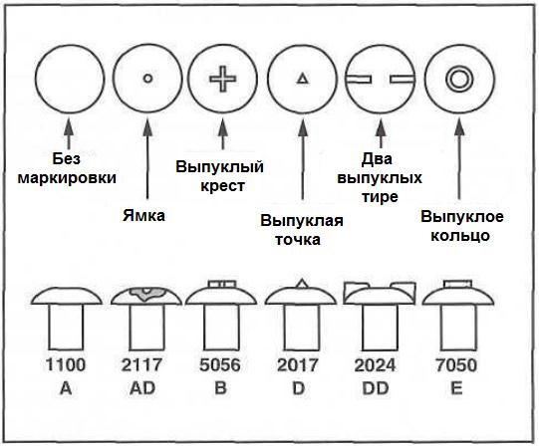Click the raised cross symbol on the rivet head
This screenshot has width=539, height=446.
click(223, 79)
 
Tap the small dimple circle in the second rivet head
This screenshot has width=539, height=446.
click(147, 79)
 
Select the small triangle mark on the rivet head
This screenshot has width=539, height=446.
click(303, 79)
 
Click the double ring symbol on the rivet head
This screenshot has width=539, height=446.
click(459, 79)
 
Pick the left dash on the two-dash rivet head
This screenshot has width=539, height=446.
click(359, 80)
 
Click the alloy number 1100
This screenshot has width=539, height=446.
click(66, 364)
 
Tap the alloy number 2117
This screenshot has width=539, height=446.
click(141, 364)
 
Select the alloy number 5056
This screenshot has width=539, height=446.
click(220, 364)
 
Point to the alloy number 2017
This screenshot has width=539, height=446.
click(298, 364)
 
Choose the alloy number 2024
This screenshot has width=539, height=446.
click(375, 365)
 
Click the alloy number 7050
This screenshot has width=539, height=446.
click(456, 365)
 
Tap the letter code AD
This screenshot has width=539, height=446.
click(142, 388)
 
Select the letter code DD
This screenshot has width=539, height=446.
click(376, 388)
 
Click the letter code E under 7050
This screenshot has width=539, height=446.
click(456, 388)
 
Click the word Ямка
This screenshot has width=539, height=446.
click(144, 216)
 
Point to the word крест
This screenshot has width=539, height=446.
click(223, 186)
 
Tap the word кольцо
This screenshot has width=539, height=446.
click(460, 236)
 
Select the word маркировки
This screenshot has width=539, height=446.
click(67, 178)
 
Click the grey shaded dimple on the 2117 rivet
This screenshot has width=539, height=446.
click(146, 293)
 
